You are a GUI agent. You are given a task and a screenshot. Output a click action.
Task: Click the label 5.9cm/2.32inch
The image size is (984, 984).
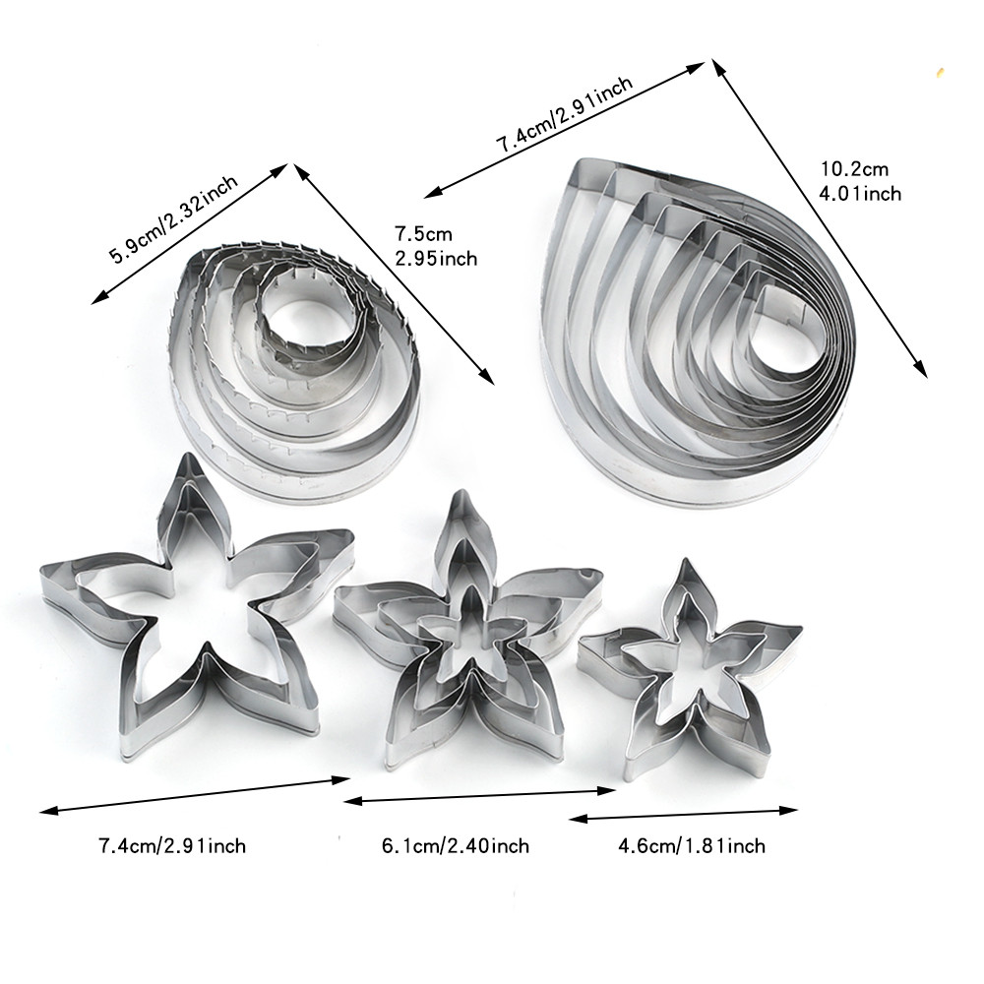point(174,219)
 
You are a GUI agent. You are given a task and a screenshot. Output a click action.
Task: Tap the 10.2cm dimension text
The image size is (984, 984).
point(854,169)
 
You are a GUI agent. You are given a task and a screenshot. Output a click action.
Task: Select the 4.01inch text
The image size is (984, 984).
point(860,193)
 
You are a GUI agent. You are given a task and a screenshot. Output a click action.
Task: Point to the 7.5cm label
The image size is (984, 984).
point(423,234)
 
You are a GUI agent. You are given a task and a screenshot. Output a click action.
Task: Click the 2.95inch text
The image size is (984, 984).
point(436,259)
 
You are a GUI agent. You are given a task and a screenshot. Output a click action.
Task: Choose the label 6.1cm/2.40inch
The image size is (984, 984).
point(456,846)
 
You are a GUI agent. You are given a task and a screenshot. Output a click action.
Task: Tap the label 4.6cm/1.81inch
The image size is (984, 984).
point(692,846)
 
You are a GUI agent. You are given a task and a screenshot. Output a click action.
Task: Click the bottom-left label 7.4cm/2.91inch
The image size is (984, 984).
point(172,846)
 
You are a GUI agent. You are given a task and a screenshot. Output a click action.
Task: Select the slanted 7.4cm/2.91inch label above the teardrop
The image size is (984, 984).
point(565,115)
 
